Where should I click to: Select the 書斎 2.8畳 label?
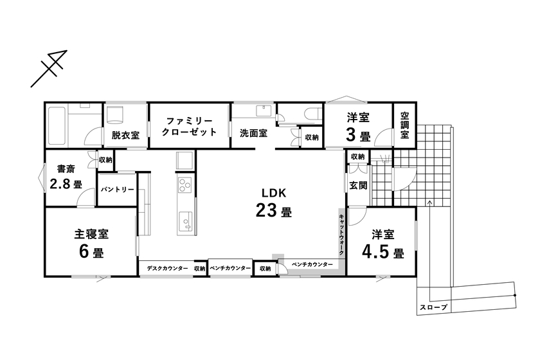(x=66, y=177)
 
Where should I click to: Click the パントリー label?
(x=117, y=190)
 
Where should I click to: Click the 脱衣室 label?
(x=125, y=136)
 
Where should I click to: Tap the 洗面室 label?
(x=253, y=134)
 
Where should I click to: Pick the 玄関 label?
(x=357, y=186)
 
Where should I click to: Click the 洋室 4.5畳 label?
(x=382, y=244)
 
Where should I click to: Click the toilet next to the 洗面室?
(x=313, y=114)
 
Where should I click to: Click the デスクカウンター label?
(x=167, y=268)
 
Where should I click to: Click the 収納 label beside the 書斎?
(x=105, y=159)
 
